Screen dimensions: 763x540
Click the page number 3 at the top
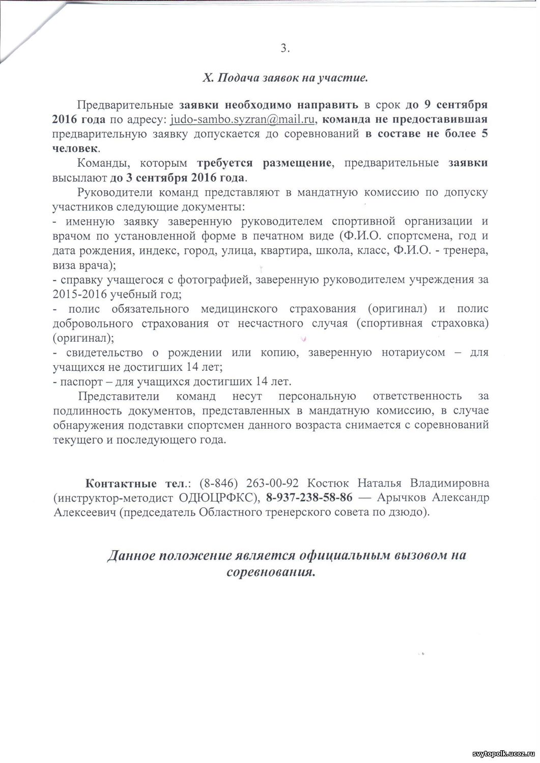(x=284, y=48)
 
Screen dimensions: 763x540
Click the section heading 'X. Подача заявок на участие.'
(x=285, y=78)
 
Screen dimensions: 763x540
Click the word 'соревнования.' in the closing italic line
(x=271, y=571)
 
